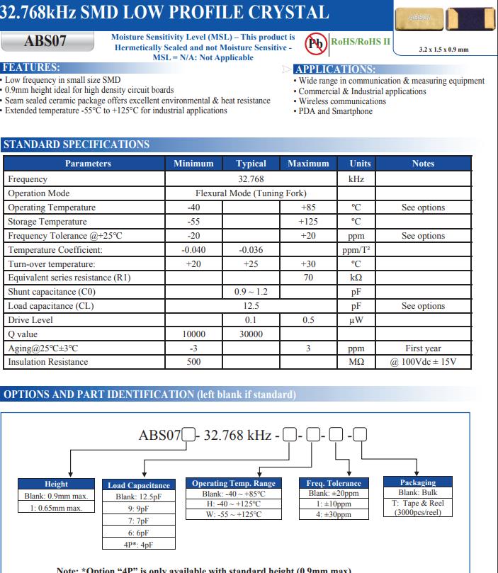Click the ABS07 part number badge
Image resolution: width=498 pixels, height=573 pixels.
coord(45,42)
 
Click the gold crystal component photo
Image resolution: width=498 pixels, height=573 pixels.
coord(420,18)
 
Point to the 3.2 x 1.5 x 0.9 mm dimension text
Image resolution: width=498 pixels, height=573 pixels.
coord(443,50)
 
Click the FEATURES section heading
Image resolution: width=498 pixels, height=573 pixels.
coord(31,67)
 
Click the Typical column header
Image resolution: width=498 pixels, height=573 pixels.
coord(251,164)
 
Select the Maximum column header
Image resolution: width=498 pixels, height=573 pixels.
coord(308,164)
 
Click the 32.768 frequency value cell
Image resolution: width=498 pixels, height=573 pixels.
coord(251,179)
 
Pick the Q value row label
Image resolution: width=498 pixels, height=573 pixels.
coord(24,334)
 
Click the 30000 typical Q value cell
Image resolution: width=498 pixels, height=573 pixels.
coord(251,334)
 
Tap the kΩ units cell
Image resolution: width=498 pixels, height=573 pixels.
coord(356,278)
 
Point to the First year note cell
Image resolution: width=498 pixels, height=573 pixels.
coord(423,348)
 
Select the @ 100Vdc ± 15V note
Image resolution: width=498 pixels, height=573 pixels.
coord(423,362)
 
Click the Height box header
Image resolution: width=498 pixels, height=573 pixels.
coord(57,484)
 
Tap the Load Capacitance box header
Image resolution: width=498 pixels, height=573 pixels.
coord(139,485)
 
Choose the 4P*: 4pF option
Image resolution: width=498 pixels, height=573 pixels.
coord(139,544)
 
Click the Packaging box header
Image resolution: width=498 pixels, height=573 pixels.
coord(418,482)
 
